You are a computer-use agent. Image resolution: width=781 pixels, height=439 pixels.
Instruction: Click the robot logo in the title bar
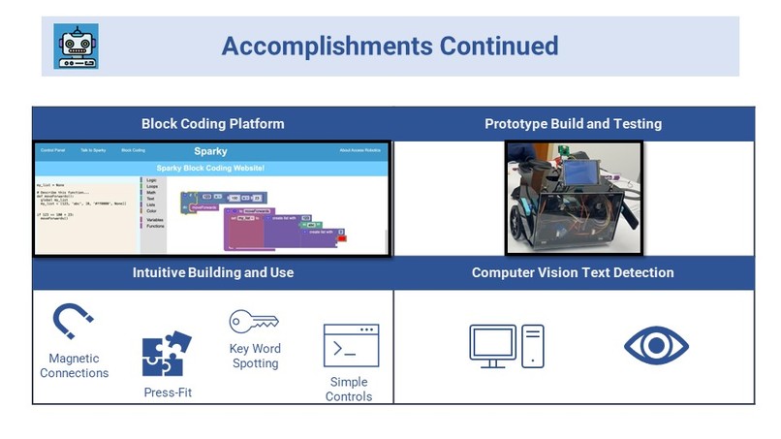[77, 47]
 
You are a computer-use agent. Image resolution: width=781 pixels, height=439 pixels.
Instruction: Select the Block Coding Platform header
[212, 124]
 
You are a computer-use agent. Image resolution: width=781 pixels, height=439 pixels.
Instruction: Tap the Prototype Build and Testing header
[573, 124]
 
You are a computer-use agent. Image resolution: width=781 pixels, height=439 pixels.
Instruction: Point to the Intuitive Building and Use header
[212, 272]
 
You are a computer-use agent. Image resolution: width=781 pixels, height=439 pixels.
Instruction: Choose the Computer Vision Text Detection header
[573, 272]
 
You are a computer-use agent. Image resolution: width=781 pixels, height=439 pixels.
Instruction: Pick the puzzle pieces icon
[166, 355]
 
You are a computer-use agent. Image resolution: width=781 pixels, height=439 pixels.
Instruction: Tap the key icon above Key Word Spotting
[254, 322]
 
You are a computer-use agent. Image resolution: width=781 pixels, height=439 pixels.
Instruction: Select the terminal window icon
[350, 346]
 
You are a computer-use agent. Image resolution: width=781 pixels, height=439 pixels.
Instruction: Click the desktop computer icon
[506, 346]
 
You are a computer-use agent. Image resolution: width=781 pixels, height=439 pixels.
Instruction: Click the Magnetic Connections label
[75, 366]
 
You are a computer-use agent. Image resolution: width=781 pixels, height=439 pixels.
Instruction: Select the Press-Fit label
[166, 392]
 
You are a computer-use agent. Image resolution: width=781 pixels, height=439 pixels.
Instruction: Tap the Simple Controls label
[350, 389]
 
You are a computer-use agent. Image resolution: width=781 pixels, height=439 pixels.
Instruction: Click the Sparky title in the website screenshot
[211, 151]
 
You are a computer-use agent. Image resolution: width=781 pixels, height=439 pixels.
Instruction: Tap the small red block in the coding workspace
[342, 237]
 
